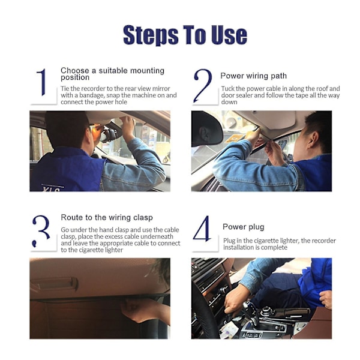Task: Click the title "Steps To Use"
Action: click(185, 35)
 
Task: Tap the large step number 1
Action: click(42, 82)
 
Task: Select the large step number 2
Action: click(203, 85)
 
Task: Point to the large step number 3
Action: click(41, 231)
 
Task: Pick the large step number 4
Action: click(203, 229)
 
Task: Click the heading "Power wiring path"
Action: click(253, 76)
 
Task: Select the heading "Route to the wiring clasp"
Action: click(107, 217)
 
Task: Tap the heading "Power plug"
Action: click(244, 227)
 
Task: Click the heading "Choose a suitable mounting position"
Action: click(113, 74)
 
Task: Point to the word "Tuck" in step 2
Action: click(227, 89)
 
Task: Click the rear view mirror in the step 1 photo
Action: click(109, 136)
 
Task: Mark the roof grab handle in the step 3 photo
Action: click(55, 284)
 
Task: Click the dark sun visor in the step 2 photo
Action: click(206, 128)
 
